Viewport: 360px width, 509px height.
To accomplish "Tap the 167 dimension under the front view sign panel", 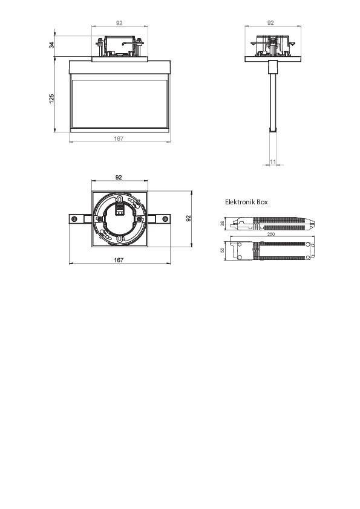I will coord(119,138).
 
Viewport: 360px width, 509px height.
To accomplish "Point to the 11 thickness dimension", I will coord(272,162).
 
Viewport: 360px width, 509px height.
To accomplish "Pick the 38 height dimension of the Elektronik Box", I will coord(223,224).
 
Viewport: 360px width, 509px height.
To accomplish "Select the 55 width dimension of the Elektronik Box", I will coord(223,250).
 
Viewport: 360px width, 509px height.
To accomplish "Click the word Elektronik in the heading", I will coord(240,202).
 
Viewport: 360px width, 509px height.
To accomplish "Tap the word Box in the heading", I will coord(261,202).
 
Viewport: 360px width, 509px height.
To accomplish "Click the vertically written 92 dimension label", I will coord(188,218).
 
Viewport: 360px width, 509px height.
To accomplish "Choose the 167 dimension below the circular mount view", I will coord(119,259).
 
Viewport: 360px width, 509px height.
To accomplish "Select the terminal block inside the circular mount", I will coord(120,209).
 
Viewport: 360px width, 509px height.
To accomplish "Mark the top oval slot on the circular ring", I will coord(119,199).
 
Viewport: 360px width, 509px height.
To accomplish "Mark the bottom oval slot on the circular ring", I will coord(119,238).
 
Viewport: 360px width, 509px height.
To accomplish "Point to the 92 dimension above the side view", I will coord(270,22).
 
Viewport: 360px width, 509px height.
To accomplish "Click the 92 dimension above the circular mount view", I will coord(119,177).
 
